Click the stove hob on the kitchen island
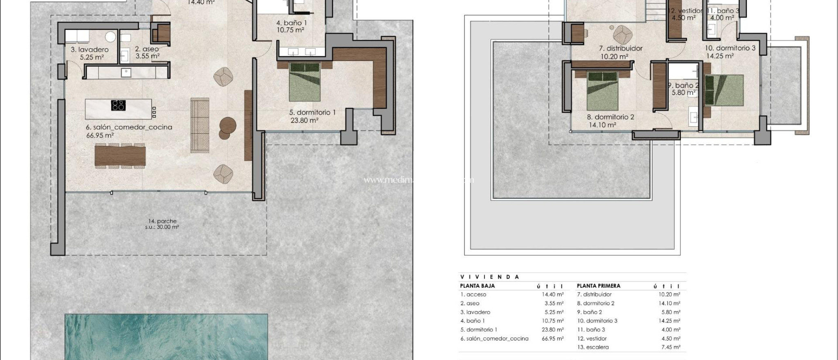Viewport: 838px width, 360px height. (x=118, y=105)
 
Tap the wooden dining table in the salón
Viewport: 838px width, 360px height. (x=120, y=155)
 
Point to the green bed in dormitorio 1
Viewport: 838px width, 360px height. (x=305, y=81)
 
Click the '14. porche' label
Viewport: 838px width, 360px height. (x=162, y=221)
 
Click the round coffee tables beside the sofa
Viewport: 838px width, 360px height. (x=227, y=127)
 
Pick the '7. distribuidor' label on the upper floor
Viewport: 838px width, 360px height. (x=620, y=48)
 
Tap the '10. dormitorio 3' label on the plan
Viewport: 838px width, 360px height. (x=730, y=48)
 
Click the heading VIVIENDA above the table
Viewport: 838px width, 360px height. (x=489, y=277)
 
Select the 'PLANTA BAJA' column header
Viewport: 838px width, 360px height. (x=477, y=286)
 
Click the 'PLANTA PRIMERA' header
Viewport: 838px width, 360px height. (x=598, y=286)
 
